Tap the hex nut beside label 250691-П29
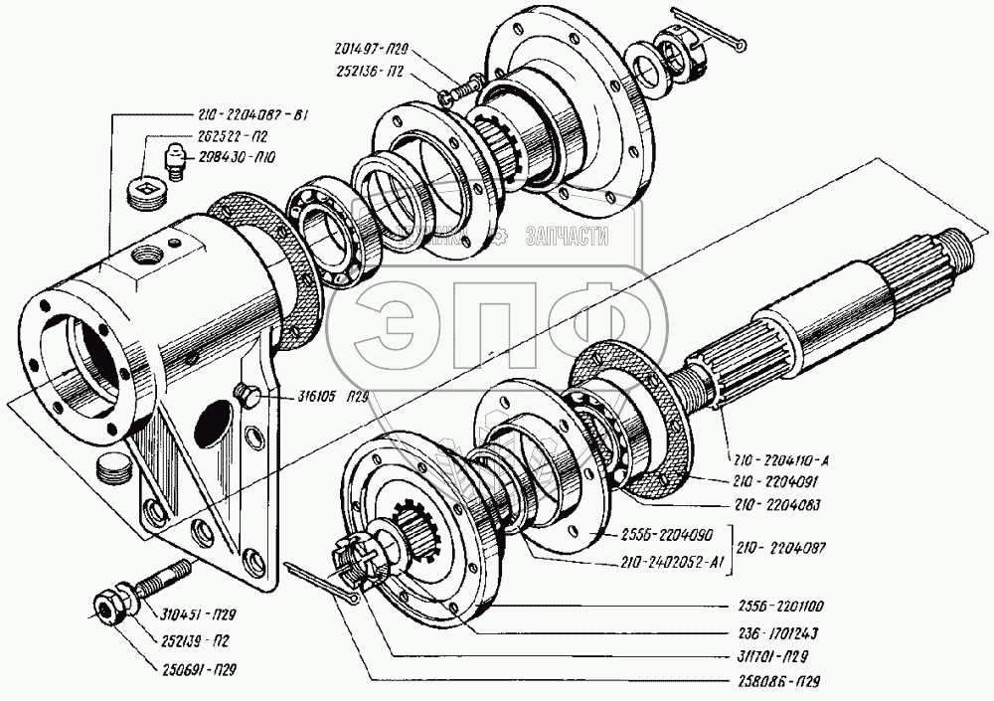pos(106,606)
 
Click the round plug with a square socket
pos(147,190)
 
